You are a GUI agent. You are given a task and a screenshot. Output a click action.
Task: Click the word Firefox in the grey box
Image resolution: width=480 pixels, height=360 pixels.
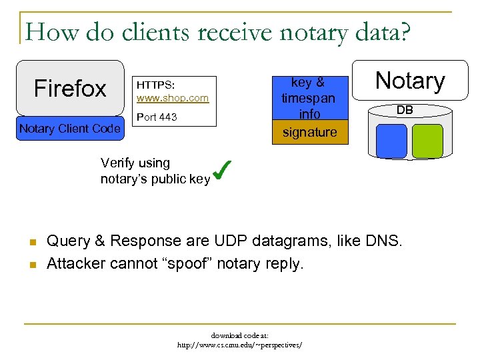[x=70, y=88]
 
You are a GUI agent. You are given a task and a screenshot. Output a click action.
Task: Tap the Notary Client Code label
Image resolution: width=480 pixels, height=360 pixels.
[x=70, y=129]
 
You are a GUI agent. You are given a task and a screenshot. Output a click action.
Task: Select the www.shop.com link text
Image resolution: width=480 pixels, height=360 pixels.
[x=173, y=98]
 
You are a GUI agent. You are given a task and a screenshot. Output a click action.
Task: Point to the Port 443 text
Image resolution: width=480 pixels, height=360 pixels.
[x=157, y=117]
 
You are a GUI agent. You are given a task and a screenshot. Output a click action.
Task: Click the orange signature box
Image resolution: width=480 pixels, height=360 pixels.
[x=309, y=132]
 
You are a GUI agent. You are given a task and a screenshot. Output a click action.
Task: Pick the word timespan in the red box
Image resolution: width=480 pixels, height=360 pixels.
[x=308, y=98]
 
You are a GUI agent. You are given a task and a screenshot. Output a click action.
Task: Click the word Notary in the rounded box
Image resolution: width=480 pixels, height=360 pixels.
[x=410, y=81]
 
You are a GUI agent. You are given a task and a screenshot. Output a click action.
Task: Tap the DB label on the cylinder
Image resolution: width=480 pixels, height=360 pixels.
[x=405, y=110]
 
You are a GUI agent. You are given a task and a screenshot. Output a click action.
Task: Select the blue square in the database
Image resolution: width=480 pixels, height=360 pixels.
[x=391, y=141]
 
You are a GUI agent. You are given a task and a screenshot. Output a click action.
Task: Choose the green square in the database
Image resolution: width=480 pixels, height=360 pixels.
[x=427, y=141]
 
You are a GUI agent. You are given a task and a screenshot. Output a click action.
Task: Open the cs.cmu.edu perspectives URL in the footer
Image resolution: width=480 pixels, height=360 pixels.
[x=239, y=345]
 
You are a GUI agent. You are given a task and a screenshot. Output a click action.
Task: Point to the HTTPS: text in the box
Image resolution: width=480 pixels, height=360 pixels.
[x=155, y=85]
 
